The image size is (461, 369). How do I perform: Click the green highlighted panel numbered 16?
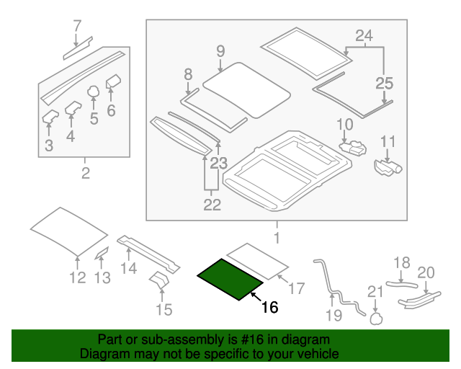[x=229, y=279]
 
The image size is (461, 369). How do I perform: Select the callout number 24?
[x=364, y=35]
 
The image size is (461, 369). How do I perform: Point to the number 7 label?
[x=78, y=27]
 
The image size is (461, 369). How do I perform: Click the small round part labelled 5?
[x=94, y=92]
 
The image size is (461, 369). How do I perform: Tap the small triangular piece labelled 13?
[x=101, y=252]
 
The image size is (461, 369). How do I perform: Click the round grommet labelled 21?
[x=375, y=316]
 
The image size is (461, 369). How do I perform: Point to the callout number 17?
[x=297, y=289]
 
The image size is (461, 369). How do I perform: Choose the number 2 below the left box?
[x=85, y=173]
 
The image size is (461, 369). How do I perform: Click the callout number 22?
[x=212, y=205]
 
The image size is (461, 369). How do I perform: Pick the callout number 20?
[x=426, y=272]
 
